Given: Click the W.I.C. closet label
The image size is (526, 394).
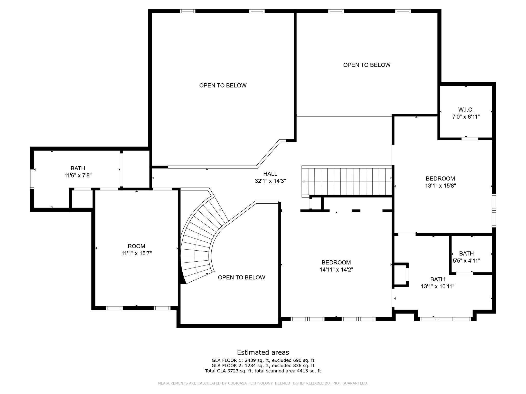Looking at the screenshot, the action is tap(466, 110).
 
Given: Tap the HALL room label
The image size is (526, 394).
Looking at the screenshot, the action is tap(270, 174).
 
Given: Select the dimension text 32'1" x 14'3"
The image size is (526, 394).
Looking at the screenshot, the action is tap(270, 181).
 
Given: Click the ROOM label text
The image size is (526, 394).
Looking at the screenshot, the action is tap(136, 246).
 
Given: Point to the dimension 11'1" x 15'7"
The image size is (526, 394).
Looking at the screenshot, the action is tap(137, 253).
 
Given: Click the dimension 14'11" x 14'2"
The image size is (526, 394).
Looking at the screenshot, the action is tap(336, 270).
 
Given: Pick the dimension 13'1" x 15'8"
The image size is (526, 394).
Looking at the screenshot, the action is tap(440, 186).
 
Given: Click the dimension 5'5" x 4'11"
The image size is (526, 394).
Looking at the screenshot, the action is tap(466, 261).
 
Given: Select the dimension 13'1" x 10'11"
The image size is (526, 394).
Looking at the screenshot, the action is tap(438, 286).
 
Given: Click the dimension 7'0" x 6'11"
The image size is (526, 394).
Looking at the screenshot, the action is tap(466, 117).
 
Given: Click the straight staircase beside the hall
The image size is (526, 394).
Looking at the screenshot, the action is tap(347, 182).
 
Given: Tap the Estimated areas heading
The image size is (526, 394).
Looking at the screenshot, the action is tap(263, 352).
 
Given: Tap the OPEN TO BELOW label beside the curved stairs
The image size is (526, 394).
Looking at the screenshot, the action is tap(241, 278).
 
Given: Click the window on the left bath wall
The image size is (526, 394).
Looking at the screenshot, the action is tap(32, 179).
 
